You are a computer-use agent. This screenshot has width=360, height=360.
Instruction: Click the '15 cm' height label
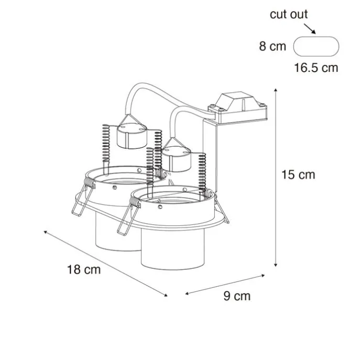coord(299,174)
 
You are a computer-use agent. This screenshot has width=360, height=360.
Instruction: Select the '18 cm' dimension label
coord(83,270)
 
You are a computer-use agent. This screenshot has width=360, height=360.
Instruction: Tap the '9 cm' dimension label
coord(237,296)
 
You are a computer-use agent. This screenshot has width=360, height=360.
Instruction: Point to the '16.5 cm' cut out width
coord(315,68)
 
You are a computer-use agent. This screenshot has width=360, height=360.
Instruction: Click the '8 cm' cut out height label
coord(272,46)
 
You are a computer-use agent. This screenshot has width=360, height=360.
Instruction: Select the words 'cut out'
coord(289,14)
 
